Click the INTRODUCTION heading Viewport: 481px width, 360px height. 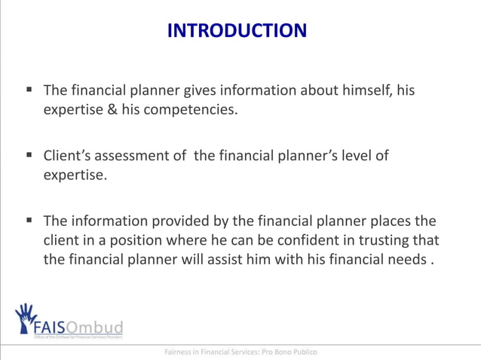click(x=237, y=31)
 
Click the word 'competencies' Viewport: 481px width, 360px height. click(x=189, y=111)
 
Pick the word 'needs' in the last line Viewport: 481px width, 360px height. click(x=406, y=261)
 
